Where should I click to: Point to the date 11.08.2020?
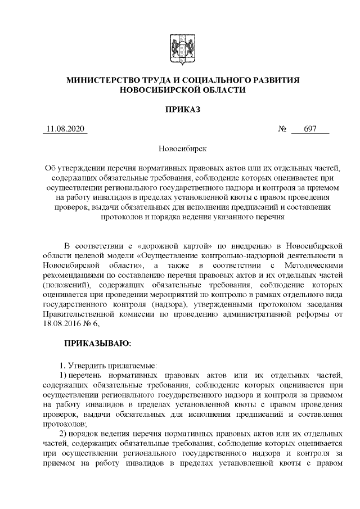click(65, 129)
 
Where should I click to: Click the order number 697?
click(310, 129)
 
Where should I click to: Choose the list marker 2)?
click(64, 434)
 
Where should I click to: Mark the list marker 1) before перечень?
click(64, 374)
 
